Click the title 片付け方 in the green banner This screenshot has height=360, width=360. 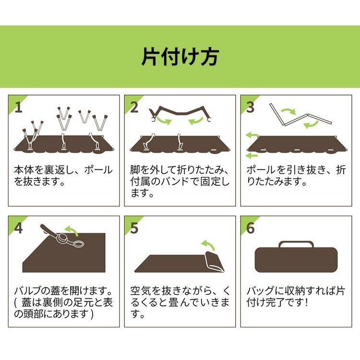click(180, 57)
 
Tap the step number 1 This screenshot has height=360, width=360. click(19, 107)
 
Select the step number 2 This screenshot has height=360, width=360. click(134, 107)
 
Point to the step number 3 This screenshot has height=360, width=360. click(250, 107)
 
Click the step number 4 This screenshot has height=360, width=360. click(18, 228)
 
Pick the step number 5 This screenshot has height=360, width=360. click(134, 228)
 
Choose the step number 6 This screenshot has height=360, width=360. click(251, 228)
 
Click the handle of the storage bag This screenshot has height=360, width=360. click(296, 242)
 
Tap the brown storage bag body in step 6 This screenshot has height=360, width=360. click(296, 260)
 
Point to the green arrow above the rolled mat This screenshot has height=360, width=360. click(208, 245)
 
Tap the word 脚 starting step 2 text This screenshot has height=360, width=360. click(135, 169)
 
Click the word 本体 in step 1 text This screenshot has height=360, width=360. click(24, 169)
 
